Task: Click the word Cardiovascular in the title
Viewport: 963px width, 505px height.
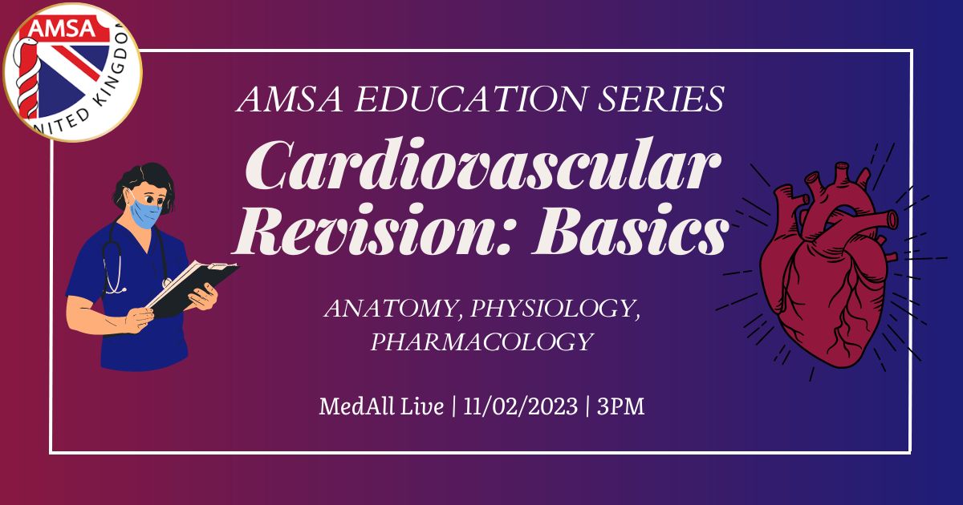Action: tap(483, 165)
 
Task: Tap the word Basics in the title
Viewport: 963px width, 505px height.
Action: tap(630, 230)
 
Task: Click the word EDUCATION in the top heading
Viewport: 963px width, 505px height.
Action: tap(470, 99)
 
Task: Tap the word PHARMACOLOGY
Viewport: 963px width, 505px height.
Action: tap(482, 341)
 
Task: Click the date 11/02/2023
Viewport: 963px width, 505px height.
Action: tap(520, 406)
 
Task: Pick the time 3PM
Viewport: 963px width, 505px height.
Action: tap(621, 406)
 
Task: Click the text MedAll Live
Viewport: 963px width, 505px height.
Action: tap(381, 406)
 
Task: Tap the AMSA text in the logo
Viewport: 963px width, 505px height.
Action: tap(62, 28)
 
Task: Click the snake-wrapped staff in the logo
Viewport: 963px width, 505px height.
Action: tap(26, 77)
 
